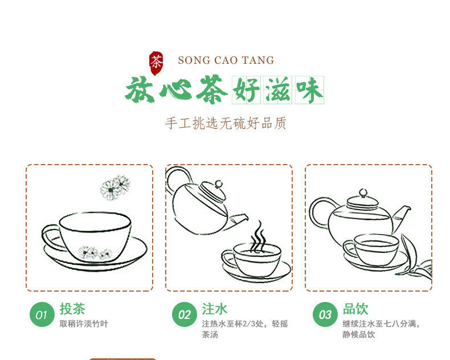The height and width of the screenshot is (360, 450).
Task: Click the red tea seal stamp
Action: [x=156, y=63]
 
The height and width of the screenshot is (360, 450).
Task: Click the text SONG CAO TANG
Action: [x=226, y=60]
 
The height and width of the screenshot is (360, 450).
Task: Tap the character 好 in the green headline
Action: [x=246, y=90]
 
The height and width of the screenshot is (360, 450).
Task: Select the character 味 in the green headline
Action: [x=310, y=90]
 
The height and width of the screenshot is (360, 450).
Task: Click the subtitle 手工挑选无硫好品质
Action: [x=226, y=124]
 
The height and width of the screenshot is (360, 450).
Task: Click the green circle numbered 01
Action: [x=42, y=314]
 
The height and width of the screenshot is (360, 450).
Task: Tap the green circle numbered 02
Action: [x=185, y=314]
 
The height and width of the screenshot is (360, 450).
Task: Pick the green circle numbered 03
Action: [x=325, y=314]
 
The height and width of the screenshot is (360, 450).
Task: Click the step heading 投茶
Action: [x=72, y=309]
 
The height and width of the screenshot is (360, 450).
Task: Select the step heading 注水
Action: [x=215, y=309]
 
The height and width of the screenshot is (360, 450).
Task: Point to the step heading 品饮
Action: [x=355, y=309]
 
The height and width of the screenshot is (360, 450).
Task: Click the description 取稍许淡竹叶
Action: [x=84, y=324]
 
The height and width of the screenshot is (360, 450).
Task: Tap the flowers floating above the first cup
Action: [x=115, y=187]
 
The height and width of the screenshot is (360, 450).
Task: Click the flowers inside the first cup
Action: [x=95, y=253]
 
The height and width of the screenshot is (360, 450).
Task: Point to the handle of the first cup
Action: [x=52, y=237]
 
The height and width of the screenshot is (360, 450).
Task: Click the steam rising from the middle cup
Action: [x=258, y=237]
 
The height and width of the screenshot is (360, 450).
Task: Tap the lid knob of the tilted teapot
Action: [x=219, y=184]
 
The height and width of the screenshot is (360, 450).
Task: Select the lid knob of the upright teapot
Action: [x=363, y=193]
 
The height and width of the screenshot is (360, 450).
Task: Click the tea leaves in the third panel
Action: [x=417, y=259]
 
